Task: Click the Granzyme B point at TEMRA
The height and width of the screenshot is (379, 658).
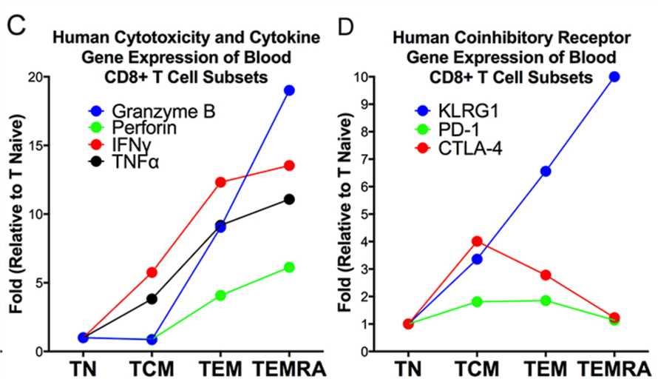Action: click(289, 90)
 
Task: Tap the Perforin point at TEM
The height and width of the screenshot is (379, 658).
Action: click(221, 295)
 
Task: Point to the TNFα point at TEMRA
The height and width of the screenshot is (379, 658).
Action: click(289, 199)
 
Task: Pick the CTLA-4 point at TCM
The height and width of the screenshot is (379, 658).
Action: click(477, 241)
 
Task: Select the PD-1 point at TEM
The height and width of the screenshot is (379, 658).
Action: click(546, 301)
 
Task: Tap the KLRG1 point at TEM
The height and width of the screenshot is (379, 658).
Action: click(546, 171)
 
